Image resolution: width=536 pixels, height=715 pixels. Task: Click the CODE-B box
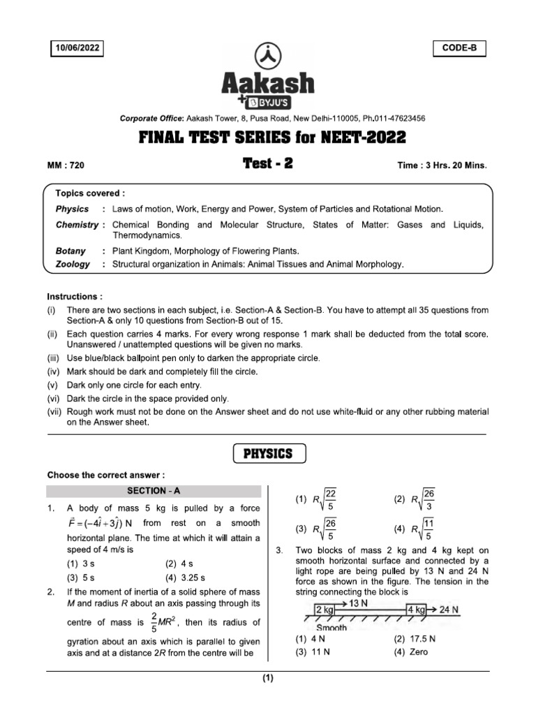[x=459, y=48]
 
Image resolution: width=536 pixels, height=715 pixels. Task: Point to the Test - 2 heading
[x=269, y=163]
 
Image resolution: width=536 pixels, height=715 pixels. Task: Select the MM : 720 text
[x=66, y=165]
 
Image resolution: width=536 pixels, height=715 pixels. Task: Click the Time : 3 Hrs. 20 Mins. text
[x=442, y=165]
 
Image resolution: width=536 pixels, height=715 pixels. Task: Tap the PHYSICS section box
[x=268, y=454]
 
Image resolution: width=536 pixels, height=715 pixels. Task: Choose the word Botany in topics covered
[x=70, y=251]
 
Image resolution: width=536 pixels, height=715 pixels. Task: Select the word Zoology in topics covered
[x=73, y=264]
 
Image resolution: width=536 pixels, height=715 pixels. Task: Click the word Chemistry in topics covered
[x=77, y=225]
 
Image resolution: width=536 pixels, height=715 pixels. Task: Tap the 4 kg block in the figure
[x=416, y=610]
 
